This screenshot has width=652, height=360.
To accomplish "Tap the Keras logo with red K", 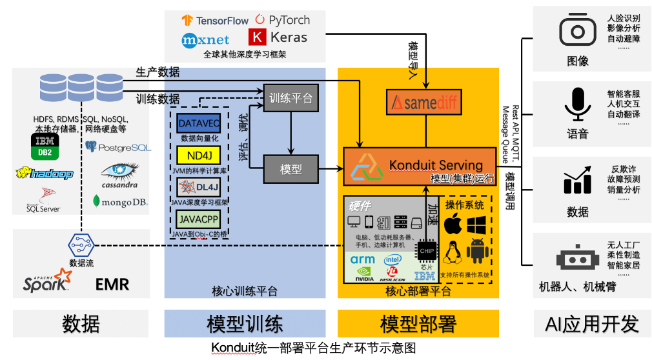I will tap(278, 37).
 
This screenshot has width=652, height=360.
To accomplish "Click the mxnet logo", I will tap(205, 39).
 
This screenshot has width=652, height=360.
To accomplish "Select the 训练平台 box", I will tap(290, 98).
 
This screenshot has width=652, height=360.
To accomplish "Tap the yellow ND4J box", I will tap(199, 155).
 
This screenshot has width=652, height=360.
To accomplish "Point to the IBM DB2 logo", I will tap(45, 147).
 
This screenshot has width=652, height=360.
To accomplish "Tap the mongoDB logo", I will tap(120, 202).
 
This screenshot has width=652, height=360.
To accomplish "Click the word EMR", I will tap(112, 284).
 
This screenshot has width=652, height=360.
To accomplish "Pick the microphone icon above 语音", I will tap(577, 104).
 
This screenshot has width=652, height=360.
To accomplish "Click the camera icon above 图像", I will tap(577, 30).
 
